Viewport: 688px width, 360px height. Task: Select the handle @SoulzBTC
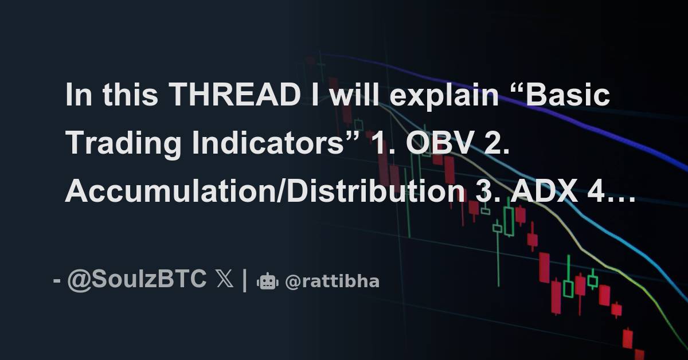[137, 280]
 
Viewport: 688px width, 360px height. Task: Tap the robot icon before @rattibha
[268, 281]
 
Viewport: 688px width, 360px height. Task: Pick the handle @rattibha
[332, 281]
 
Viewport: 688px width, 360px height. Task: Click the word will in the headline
[352, 96]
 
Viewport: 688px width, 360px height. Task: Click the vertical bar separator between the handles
[245, 280]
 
